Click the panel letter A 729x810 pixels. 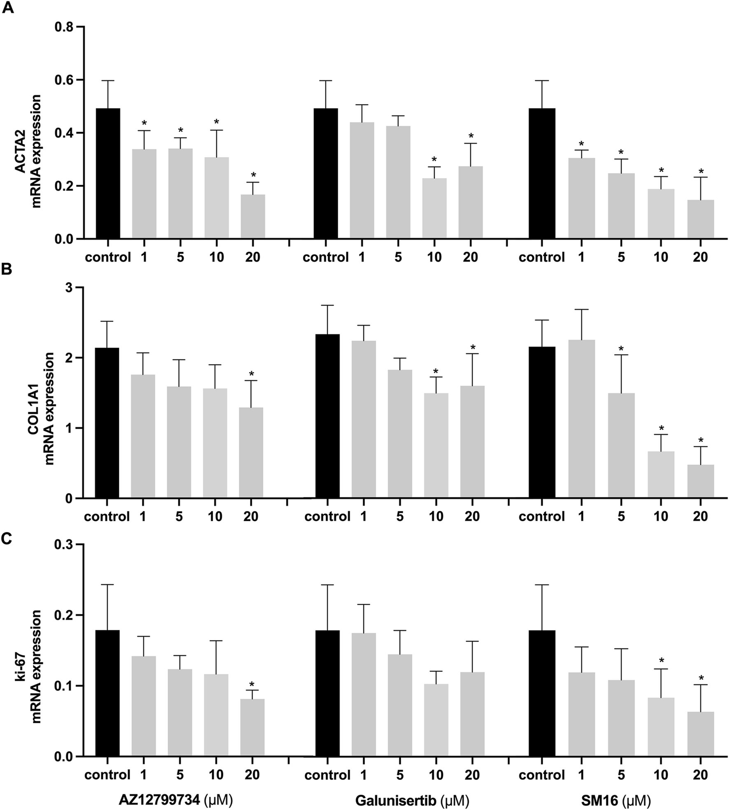pyautogui.click(x=8, y=8)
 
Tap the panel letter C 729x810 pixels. pyautogui.click(x=7, y=539)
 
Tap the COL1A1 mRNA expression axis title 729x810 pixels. pyautogui.click(x=42, y=408)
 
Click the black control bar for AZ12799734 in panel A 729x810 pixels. pyautogui.click(x=108, y=173)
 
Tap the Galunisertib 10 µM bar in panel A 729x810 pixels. pyautogui.click(x=434, y=208)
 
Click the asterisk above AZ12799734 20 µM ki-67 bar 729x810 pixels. pyautogui.click(x=252, y=685)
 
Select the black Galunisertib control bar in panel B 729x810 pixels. pyautogui.click(x=327, y=416)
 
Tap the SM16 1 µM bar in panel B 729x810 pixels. pyautogui.click(x=581, y=419)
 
